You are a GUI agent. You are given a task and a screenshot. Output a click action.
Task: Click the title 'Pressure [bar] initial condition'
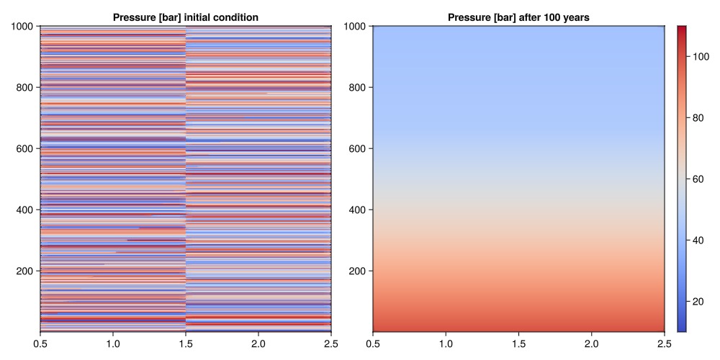click(x=186, y=17)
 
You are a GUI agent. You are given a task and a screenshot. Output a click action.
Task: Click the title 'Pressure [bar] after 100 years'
click(x=518, y=17)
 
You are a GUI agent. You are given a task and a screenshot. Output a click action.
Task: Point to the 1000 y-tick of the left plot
click(x=24, y=27)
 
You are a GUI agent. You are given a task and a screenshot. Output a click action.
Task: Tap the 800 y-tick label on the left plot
click(x=27, y=88)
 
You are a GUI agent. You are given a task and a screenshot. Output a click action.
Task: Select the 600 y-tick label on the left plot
click(x=27, y=149)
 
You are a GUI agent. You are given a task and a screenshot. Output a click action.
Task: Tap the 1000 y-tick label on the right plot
click(x=356, y=27)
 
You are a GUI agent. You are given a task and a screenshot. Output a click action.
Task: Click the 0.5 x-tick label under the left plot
click(x=40, y=344)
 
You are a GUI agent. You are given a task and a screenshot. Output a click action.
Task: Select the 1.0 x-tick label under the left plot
click(x=113, y=344)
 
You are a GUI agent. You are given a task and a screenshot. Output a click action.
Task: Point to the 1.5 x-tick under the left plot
click(x=186, y=344)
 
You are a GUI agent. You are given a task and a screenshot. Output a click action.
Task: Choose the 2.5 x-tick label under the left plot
click(x=331, y=344)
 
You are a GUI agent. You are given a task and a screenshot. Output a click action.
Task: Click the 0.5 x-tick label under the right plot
click(x=373, y=344)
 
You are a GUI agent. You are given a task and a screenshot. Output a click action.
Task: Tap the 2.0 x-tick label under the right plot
click(x=591, y=344)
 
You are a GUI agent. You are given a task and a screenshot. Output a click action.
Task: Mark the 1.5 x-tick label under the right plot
click(x=518, y=344)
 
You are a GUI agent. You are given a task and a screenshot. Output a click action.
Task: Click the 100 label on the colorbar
click(x=701, y=56)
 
